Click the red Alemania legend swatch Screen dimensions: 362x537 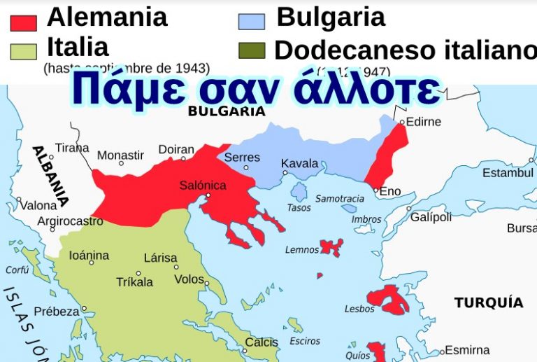[23, 23]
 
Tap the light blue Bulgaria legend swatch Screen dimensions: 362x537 [251, 22]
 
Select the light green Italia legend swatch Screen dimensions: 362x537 [23, 51]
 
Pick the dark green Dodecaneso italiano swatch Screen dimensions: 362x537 [251, 50]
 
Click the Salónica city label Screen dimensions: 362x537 [203, 186]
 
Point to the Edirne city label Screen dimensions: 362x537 [425, 122]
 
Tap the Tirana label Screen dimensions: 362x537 [72, 148]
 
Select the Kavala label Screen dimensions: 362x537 [299, 164]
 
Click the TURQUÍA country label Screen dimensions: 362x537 [488, 302]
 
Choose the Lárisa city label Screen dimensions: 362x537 [160, 258]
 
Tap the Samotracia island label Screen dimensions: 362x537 [340, 199]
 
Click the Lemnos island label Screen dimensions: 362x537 [302, 249]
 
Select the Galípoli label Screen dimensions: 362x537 [431, 217]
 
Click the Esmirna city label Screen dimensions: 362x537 [467, 349]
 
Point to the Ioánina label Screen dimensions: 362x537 [89, 256]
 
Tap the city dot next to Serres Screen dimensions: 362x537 [246, 168]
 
